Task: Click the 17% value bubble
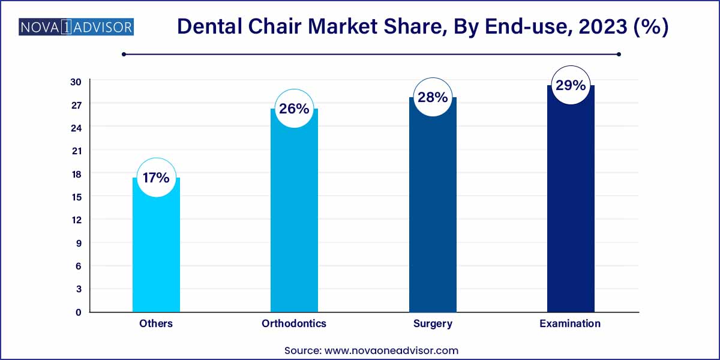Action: click(156, 178)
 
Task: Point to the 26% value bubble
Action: click(294, 109)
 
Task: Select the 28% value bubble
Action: click(433, 97)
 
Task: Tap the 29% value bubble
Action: click(570, 85)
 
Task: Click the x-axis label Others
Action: click(156, 323)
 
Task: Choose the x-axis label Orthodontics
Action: click(294, 323)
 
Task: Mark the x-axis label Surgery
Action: click(433, 323)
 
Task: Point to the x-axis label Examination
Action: click(570, 323)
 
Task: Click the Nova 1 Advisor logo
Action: click(76, 27)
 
